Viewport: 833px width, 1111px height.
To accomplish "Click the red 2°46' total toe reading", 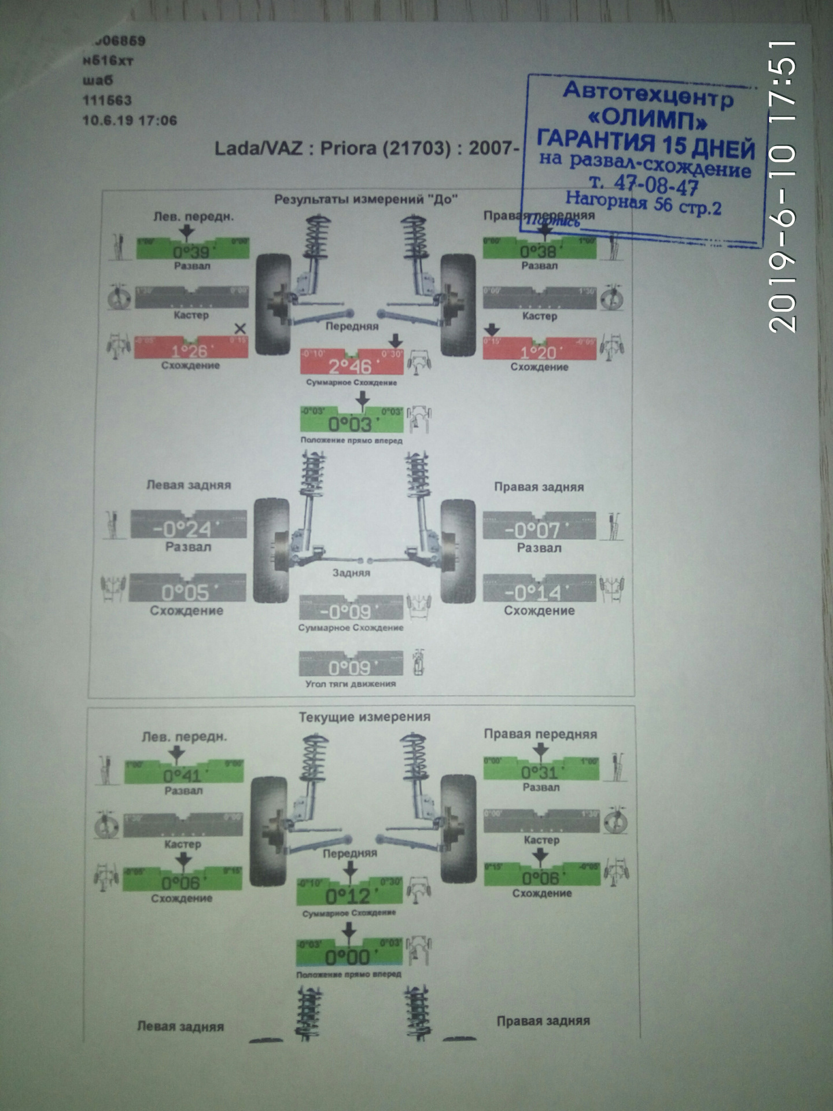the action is pos(351,366).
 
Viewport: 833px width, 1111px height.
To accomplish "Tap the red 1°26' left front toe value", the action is pos(190,351).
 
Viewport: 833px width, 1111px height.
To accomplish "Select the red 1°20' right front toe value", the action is pos(538,352).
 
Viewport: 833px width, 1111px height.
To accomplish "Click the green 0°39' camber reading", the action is pos(191,252).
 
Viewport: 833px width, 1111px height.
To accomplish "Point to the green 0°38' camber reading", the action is pos(538,251).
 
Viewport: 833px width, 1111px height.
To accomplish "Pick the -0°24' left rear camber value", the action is pos(182,529).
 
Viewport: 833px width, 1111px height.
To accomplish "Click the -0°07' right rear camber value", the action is pos(532,530).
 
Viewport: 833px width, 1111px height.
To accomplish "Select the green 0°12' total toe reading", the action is pos(348,896).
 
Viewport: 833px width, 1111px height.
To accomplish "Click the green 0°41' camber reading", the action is pos(182,775).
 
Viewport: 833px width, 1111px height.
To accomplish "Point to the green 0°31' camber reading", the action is pos(539,772).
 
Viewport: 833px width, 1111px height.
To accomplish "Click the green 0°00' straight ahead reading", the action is pos(348,957).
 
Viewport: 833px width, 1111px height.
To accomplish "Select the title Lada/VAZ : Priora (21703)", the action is pos(332,149).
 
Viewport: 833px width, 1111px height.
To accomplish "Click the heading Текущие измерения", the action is pos(364,717).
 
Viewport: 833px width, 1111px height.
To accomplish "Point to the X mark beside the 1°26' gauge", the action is pos(240,329).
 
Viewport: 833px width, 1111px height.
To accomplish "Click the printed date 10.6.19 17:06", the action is pos(130,121).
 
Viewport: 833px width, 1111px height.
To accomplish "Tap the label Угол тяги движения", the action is pos(351,684).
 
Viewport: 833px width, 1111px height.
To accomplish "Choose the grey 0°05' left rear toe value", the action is pos(185,593).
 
